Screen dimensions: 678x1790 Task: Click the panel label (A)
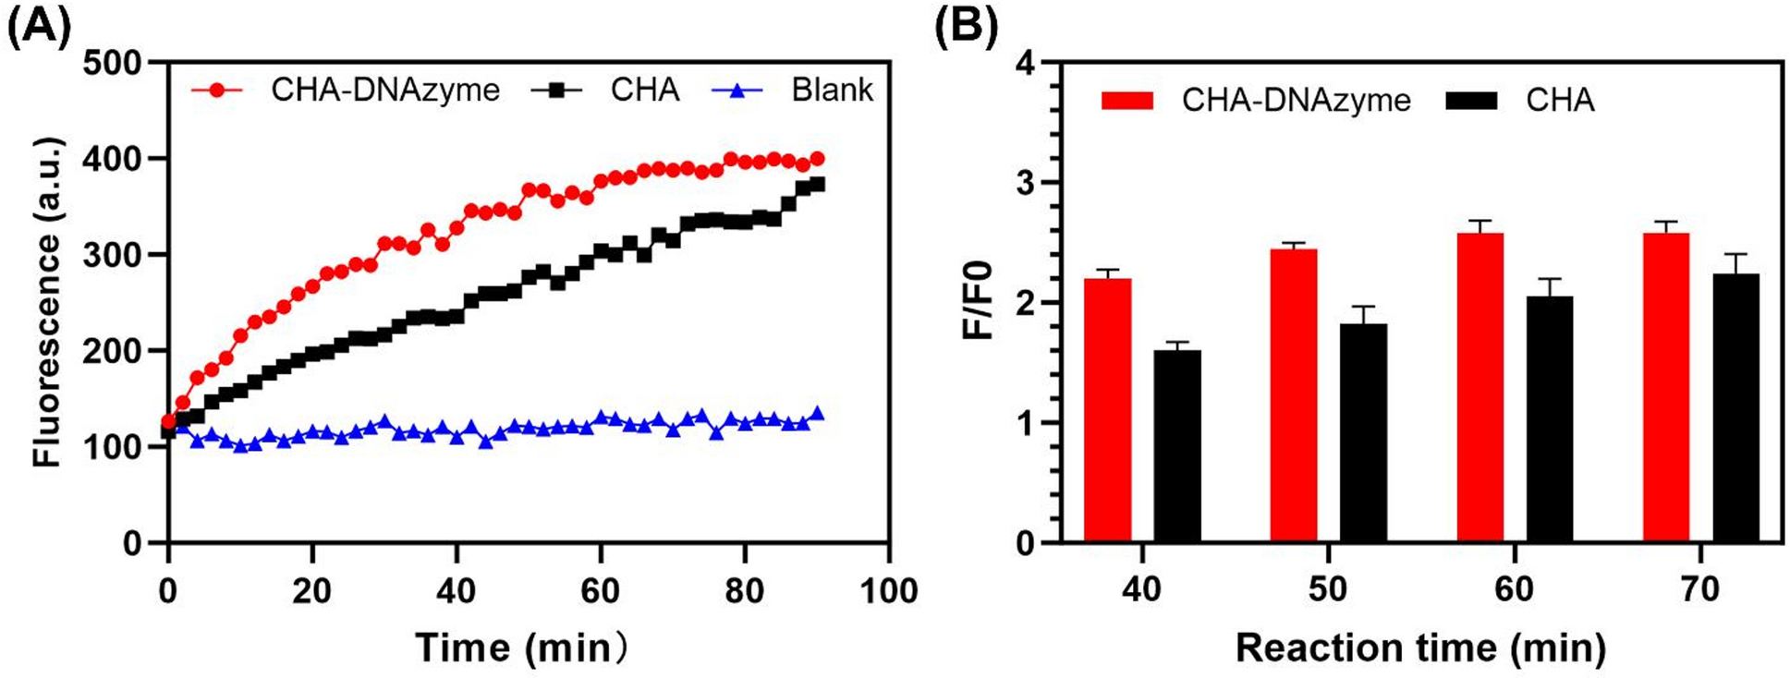click(x=38, y=27)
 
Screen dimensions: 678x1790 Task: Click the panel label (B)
click(x=966, y=27)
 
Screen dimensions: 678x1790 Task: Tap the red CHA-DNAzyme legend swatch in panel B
click(x=1126, y=100)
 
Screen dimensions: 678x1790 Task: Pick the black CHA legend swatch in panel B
click(x=1470, y=100)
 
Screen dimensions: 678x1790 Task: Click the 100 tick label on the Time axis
click(x=888, y=590)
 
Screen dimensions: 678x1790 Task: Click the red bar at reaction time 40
click(x=1107, y=410)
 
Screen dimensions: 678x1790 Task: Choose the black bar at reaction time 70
click(x=1735, y=407)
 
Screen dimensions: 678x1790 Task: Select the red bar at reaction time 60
click(x=1479, y=387)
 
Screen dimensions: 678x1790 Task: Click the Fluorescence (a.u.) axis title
click(x=47, y=302)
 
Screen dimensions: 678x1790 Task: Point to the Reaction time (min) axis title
click(x=1420, y=648)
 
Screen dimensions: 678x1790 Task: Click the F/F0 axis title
click(x=977, y=301)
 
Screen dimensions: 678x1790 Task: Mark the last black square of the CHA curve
click(x=817, y=185)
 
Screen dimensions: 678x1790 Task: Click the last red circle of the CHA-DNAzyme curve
click(x=817, y=159)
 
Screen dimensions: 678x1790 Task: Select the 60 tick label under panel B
click(x=1514, y=590)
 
